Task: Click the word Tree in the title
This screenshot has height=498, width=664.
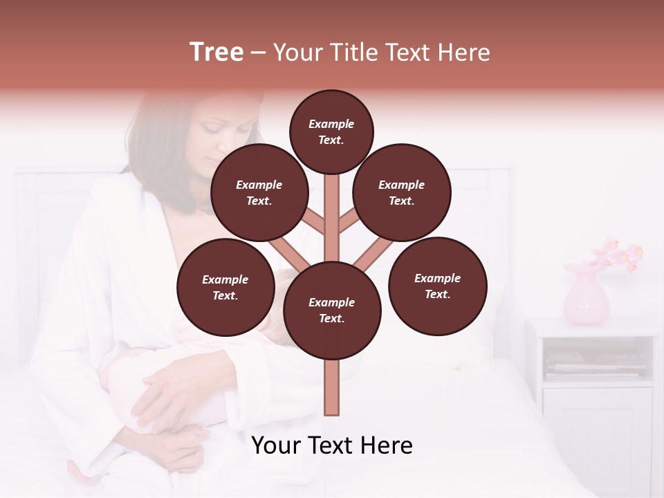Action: coord(216,53)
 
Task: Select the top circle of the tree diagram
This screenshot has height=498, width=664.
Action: coord(331,131)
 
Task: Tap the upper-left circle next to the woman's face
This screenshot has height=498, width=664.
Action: coord(259,192)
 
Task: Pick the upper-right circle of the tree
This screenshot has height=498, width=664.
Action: coord(402,192)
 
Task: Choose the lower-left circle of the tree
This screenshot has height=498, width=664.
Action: coord(225,287)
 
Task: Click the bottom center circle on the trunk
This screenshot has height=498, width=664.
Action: coord(332,310)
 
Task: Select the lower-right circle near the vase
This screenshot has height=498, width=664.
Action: coord(438,286)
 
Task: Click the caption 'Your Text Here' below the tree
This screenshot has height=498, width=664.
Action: coord(332,445)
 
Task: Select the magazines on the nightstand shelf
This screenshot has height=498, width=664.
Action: coord(595,363)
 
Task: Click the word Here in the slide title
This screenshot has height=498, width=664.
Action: coord(465,53)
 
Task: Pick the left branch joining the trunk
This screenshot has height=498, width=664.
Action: coord(287,252)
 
